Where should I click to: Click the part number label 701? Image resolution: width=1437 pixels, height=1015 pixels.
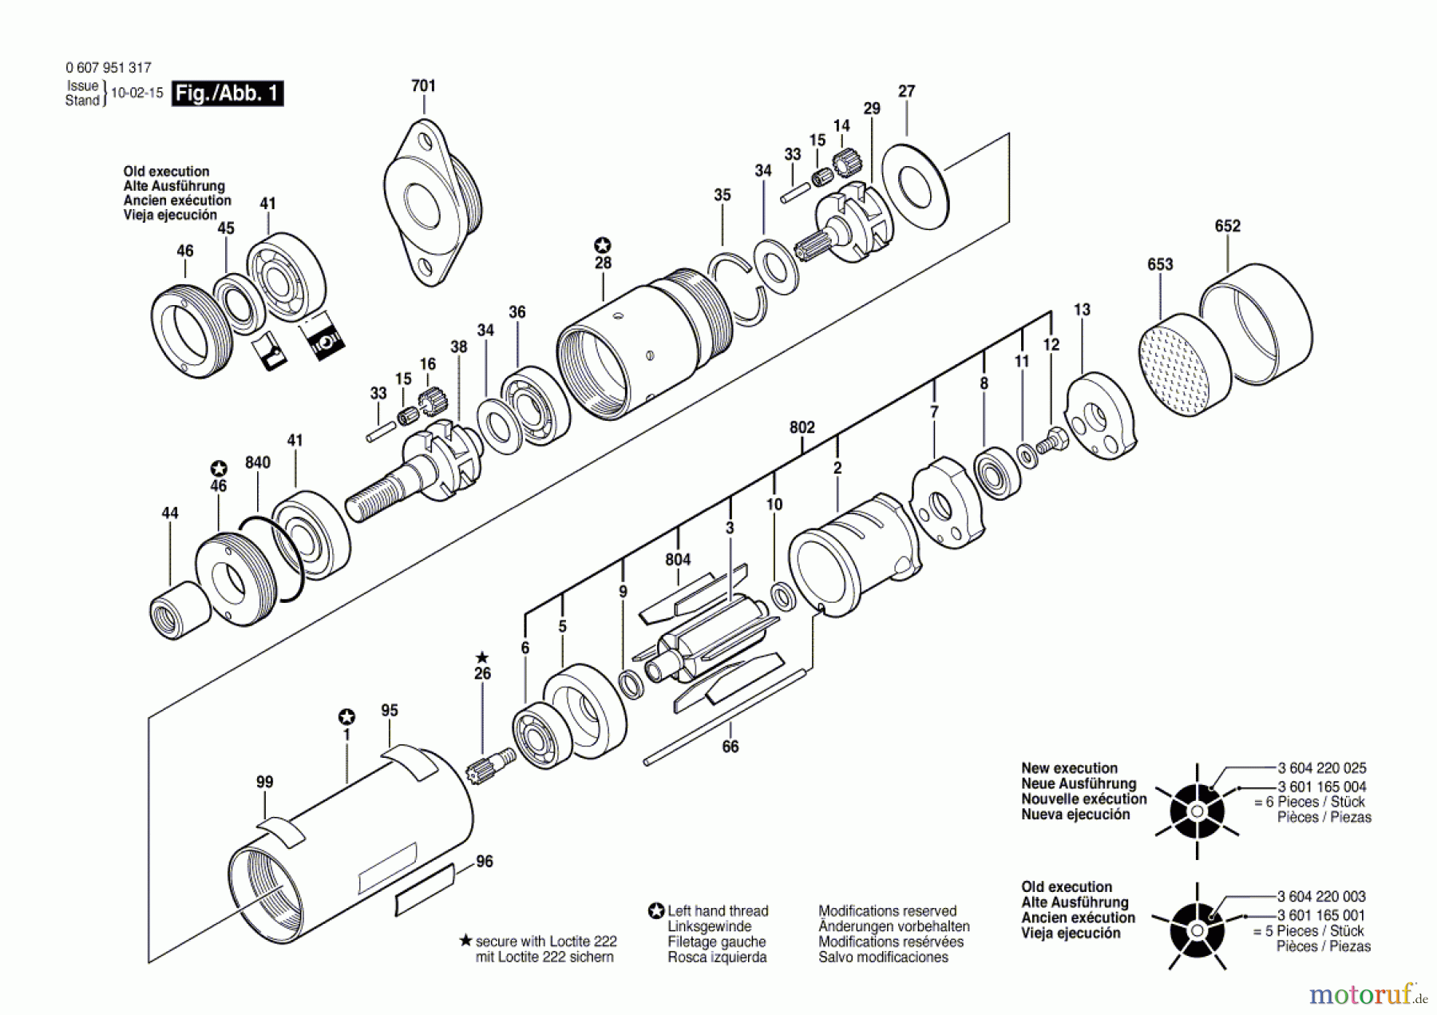423,85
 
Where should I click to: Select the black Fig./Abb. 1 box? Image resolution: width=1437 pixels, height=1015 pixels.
228,93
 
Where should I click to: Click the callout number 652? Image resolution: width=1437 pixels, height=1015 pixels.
1227,226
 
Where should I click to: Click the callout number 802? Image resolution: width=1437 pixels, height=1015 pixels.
802,427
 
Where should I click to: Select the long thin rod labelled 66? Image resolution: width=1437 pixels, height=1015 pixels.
724,718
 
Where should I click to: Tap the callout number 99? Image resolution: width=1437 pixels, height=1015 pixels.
264,782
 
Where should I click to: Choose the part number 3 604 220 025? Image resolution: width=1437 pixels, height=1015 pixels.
1321,768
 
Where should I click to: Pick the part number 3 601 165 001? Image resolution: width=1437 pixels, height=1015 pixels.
1321,915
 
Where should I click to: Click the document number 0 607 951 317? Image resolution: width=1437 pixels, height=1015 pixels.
109,68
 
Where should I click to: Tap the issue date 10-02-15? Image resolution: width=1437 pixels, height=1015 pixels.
137,93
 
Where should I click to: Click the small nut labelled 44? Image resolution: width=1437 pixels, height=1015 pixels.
180,609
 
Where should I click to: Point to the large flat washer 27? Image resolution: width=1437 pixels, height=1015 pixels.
916,190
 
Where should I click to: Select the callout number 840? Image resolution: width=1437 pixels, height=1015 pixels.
257,462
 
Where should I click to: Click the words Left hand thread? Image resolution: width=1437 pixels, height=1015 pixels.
718,911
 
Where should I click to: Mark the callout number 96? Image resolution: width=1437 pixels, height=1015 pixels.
484,862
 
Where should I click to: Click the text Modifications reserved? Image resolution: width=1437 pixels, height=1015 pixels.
887,911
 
